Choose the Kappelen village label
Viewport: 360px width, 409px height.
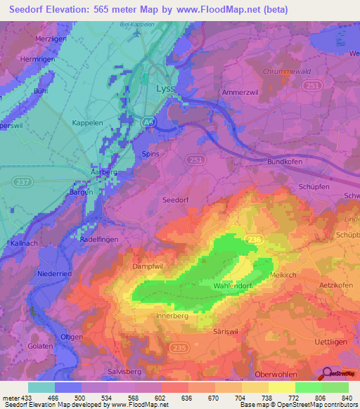tap(87, 122)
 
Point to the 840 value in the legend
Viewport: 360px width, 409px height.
tap(347, 397)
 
